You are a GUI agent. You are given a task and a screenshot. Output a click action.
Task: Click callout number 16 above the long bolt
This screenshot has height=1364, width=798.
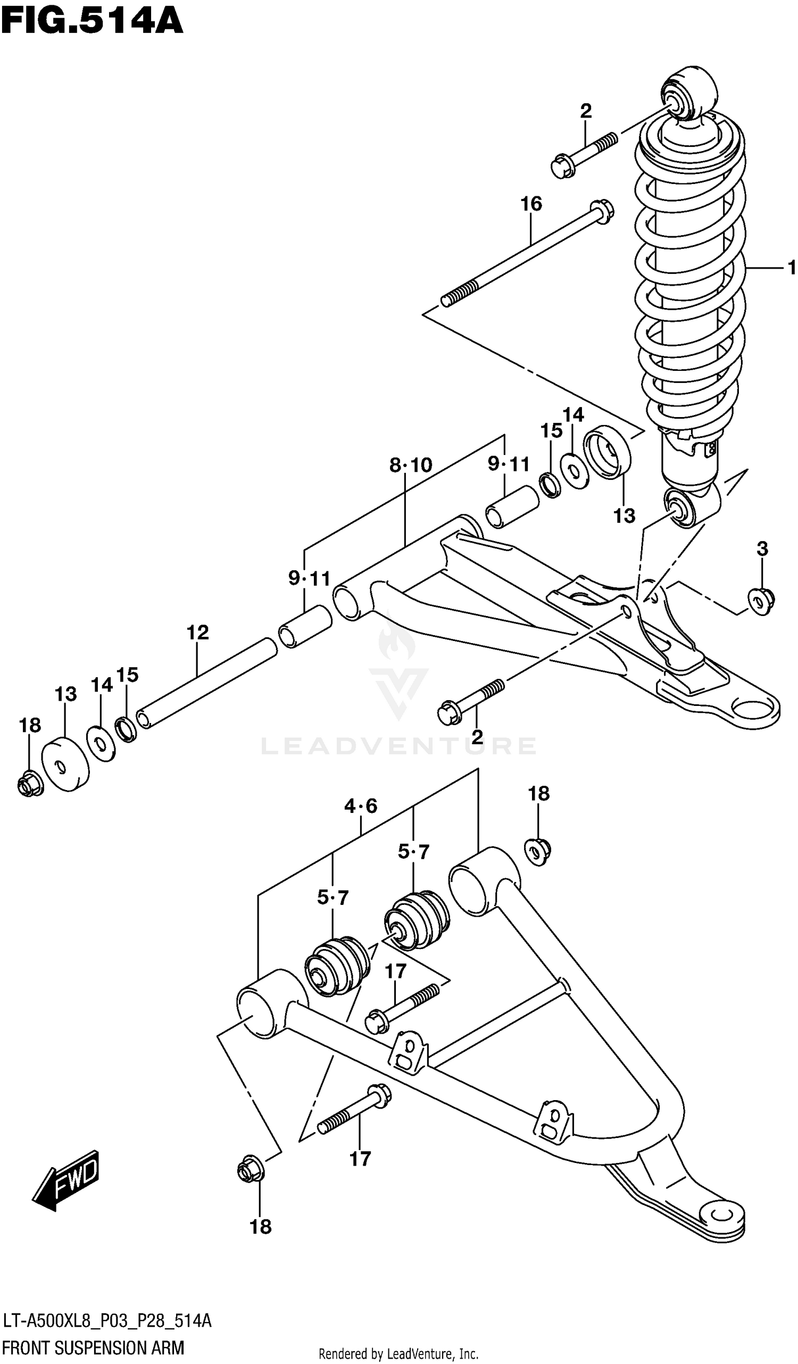click(x=530, y=204)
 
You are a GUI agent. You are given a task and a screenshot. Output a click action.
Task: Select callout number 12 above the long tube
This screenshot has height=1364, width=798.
click(x=197, y=632)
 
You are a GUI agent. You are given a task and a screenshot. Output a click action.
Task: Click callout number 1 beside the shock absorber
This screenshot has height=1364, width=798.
click(x=791, y=268)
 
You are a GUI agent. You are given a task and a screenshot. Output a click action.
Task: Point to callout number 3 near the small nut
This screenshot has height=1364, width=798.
click(x=762, y=549)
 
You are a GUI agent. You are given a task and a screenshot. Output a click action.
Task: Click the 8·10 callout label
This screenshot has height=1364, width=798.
click(x=410, y=464)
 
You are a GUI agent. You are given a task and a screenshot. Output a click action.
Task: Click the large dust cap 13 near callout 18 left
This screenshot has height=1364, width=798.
click(x=65, y=764)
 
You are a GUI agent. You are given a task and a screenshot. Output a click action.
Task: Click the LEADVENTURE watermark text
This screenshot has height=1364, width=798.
click(x=399, y=746)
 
